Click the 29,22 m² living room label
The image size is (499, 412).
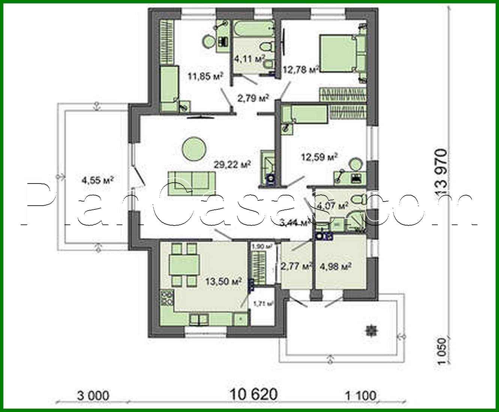pyautogui.click(x=232, y=164)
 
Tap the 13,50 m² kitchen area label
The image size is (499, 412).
pyautogui.click(x=223, y=281)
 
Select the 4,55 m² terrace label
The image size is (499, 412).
pyautogui.click(x=97, y=180)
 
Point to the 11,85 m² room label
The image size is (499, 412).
pyautogui.click(x=205, y=77)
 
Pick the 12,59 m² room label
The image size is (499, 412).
pyautogui.click(x=319, y=156)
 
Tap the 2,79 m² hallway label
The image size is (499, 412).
pyautogui.click(x=253, y=98)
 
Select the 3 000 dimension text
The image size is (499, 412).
pyautogui.click(x=93, y=395)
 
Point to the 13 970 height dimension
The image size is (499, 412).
pyautogui.click(x=441, y=173)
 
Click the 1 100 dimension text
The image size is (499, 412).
pyautogui.click(x=360, y=395)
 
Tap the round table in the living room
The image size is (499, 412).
pyautogui.click(x=194, y=149)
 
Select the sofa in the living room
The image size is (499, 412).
pyautogui.click(x=191, y=183)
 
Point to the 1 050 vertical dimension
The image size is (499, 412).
pyautogui.click(x=442, y=351)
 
